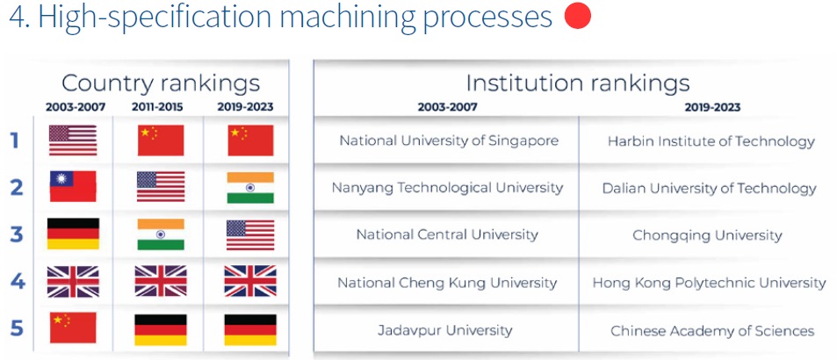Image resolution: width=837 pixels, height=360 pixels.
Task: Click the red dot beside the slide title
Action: (578, 16)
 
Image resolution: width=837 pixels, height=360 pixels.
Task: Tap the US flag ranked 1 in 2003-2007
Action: (73, 140)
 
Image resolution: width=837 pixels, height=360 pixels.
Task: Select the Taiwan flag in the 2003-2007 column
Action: (73, 186)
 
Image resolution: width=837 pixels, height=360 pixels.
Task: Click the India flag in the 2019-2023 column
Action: (250, 187)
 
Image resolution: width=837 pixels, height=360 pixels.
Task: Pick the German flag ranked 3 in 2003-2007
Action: (73, 234)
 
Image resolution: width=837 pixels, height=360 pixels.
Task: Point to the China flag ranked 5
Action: (73, 328)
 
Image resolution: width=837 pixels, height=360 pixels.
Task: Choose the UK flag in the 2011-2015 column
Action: (161, 281)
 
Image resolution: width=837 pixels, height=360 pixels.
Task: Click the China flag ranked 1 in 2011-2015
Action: (161, 140)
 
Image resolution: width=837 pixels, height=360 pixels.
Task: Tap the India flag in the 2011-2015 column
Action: (161, 234)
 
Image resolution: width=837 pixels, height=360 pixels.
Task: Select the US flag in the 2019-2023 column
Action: (250, 235)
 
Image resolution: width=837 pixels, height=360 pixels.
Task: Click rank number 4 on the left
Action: (18, 281)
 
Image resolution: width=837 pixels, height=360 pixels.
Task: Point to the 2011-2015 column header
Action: (157, 107)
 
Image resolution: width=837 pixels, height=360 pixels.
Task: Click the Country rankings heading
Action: (161, 83)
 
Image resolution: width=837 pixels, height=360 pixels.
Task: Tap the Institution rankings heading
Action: (578, 83)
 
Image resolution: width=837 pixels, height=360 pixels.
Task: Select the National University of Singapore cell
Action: (449, 140)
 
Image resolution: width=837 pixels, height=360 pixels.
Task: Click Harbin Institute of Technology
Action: (711, 141)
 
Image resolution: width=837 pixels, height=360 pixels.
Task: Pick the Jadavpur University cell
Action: (445, 330)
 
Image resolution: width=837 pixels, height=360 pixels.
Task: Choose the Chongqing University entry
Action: (707, 235)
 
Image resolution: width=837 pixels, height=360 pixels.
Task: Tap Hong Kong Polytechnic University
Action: (709, 283)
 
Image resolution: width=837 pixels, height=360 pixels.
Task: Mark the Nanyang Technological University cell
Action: (447, 188)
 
